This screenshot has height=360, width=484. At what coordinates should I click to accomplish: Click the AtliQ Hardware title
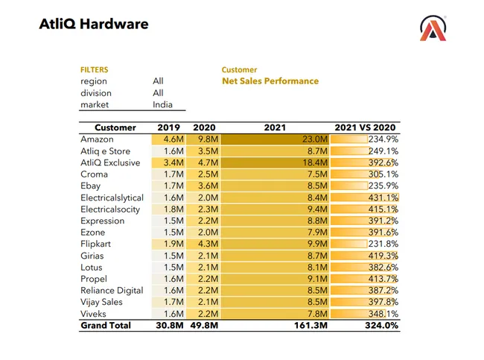coord(94,24)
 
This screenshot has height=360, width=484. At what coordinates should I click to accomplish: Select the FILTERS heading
coord(95,70)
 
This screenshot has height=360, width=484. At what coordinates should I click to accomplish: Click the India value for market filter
coord(162,105)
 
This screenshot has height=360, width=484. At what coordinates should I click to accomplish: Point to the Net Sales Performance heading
coord(270,81)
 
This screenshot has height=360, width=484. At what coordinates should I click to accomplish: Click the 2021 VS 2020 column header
coord(366,127)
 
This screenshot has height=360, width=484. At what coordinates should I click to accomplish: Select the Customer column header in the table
coord(115,127)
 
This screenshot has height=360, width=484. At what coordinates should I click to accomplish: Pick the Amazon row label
coord(97,139)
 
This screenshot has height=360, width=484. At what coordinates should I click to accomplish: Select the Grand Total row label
coord(106,326)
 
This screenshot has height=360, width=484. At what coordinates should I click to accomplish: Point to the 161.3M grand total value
coord(313,326)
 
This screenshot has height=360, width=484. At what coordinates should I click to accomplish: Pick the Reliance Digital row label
coord(112,291)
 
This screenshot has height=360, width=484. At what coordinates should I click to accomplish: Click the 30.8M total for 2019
coord(169,326)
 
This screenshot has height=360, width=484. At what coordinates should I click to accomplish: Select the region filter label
coord(94,81)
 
